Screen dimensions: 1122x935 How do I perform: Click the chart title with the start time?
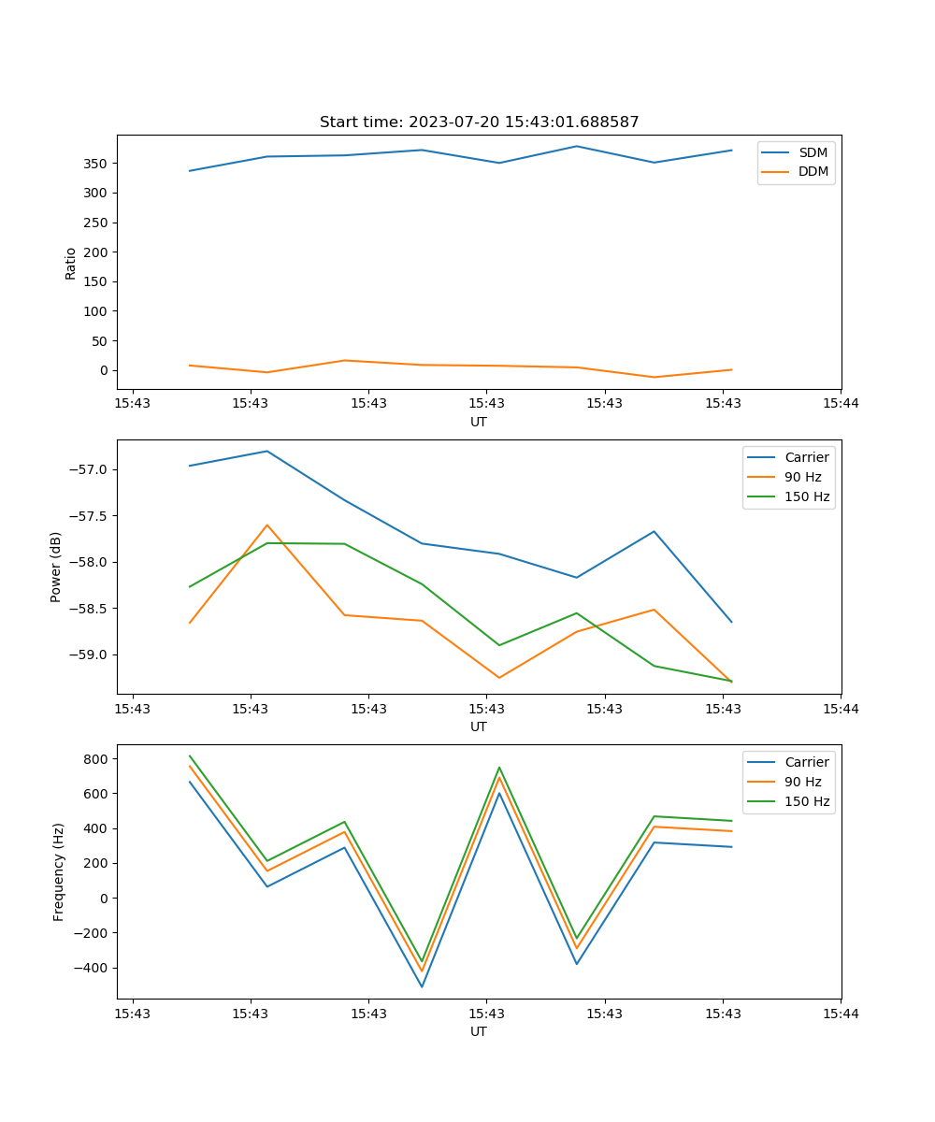coord(479,122)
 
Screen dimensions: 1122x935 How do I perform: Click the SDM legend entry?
coord(812,152)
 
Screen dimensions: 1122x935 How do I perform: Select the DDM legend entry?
coord(813,172)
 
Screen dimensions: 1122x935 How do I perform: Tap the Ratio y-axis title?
coord(71,263)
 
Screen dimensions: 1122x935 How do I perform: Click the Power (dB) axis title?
coord(56,567)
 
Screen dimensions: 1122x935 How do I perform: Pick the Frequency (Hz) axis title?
coord(58,871)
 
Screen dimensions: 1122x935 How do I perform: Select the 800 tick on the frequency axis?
coord(96,759)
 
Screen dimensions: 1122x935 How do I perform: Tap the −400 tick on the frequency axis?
coord(92,968)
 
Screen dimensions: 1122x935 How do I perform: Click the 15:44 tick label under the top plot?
coord(841,404)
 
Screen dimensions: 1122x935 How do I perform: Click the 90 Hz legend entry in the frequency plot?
coord(802,782)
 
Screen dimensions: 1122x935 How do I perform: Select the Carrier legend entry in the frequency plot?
coord(806,762)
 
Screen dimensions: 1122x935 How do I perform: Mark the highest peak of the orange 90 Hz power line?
coord(267,525)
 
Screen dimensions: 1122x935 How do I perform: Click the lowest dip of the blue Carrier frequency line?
coord(422,986)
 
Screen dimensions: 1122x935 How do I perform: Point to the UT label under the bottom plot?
coord(479,1031)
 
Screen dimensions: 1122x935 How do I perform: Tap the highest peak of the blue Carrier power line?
coord(267,452)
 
